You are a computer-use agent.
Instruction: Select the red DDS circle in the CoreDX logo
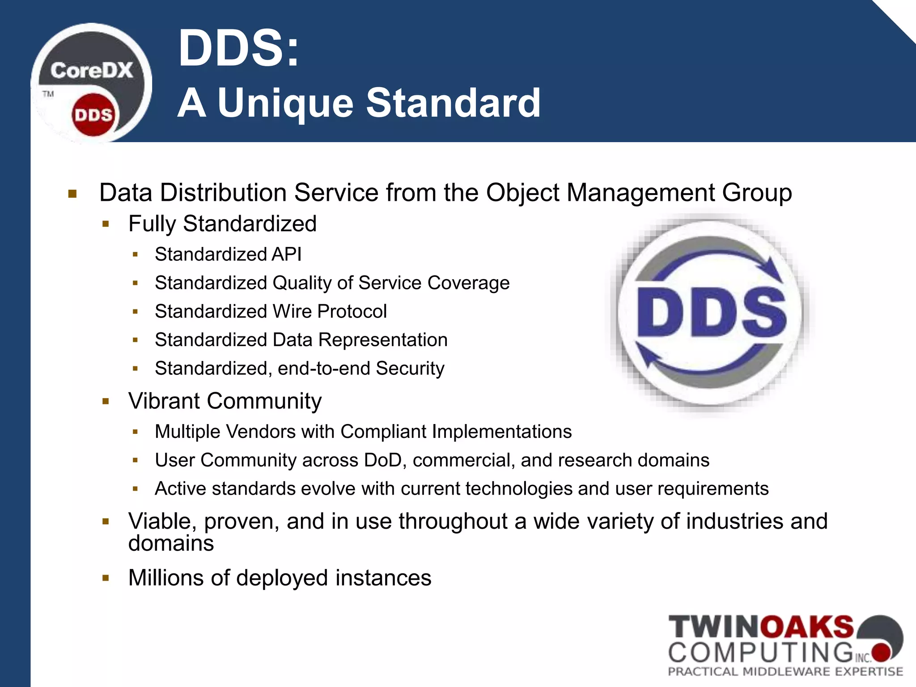click(93, 115)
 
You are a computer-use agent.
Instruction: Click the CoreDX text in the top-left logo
click(92, 71)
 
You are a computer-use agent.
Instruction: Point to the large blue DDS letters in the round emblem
click(711, 312)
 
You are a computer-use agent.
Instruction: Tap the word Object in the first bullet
click(522, 193)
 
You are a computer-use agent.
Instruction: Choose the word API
click(286, 254)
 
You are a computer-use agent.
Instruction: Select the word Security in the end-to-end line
click(410, 369)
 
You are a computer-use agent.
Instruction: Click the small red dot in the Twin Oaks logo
click(882, 652)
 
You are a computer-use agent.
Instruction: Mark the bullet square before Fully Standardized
click(106, 224)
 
